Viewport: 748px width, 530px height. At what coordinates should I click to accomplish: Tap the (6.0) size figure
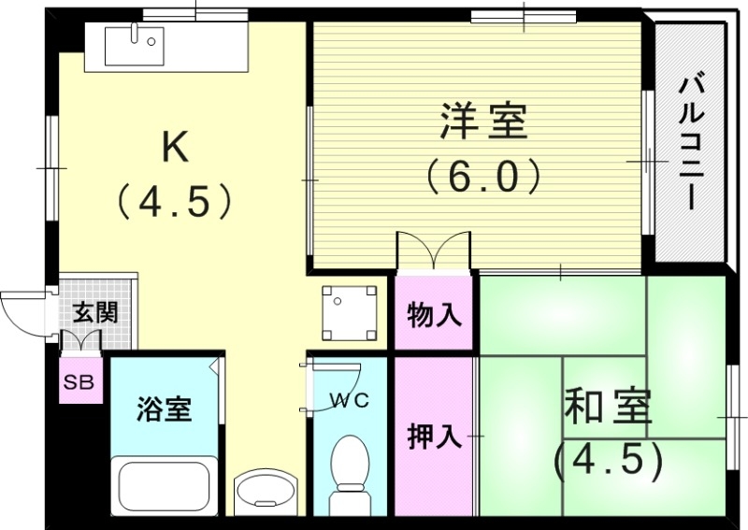pyautogui.click(x=483, y=175)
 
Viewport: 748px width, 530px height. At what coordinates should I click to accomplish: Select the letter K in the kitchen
pyautogui.click(x=177, y=148)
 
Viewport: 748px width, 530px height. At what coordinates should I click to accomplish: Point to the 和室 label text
pyautogui.click(x=609, y=408)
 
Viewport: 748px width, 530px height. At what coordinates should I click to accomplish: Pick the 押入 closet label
pyautogui.click(x=435, y=437)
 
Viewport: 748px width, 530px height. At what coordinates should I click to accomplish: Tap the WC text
pyautogui.click(x=349, y=401)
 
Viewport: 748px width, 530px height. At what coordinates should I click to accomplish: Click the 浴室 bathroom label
pyautogui.click(x=164, y=408)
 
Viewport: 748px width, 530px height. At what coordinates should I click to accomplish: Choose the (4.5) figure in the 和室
pyautogui.click(x=609, y=459)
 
